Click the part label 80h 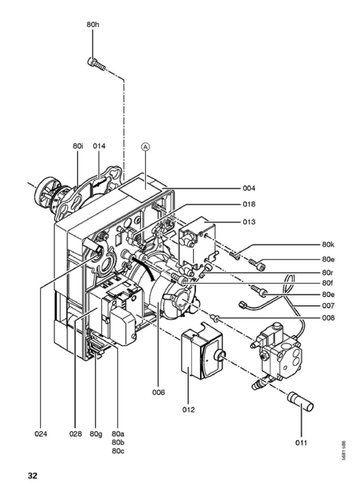(93, 25)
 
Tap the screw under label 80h (96, 64)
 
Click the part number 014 (99, 146)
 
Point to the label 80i (78, 146)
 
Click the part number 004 (249, 188)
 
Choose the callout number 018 (249, 204)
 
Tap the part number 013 (249, 222)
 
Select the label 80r (327, 273)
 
